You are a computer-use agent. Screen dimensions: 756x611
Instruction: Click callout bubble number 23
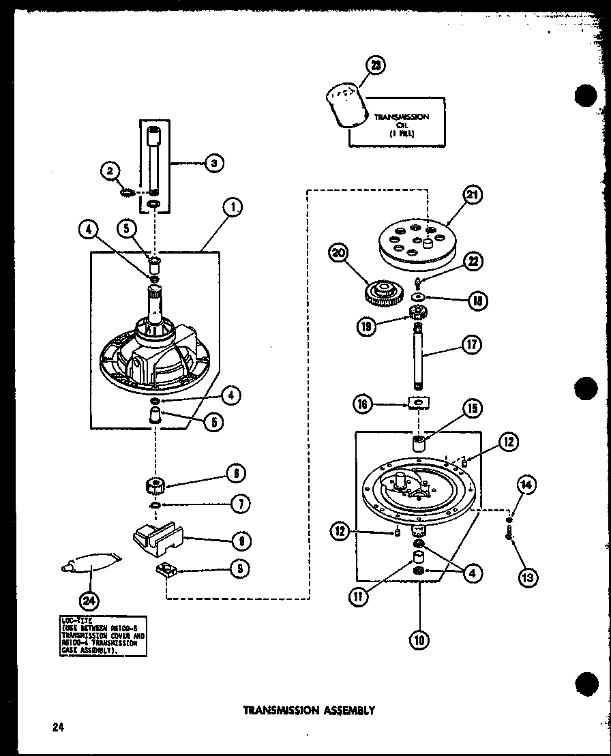(x=375, y=65)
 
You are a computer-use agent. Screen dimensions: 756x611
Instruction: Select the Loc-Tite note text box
(x=102, y=636)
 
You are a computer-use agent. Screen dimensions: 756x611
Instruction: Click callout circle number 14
(x=526, y=486)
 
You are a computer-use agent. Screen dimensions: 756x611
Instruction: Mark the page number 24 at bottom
(x=57, y=727)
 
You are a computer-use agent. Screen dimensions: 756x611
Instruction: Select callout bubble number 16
(x=363, y=404)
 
